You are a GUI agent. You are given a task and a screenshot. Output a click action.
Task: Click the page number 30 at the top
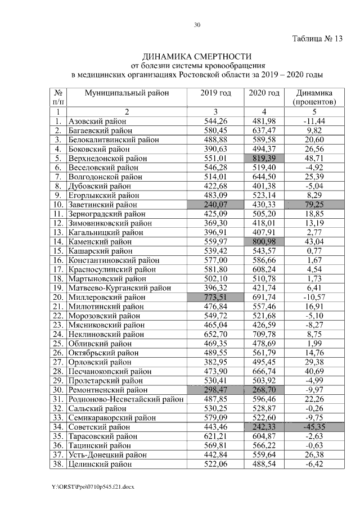point(197,24)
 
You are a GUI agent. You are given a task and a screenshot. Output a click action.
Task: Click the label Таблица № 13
point(317,39)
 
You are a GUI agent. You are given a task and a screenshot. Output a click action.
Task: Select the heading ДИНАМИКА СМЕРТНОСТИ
point(197,57)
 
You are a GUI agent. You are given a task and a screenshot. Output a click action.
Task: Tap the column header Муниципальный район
point(127,93)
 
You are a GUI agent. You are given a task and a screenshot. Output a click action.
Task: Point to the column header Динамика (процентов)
point(315,97)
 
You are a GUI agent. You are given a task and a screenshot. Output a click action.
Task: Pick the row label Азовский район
point(97,121)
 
